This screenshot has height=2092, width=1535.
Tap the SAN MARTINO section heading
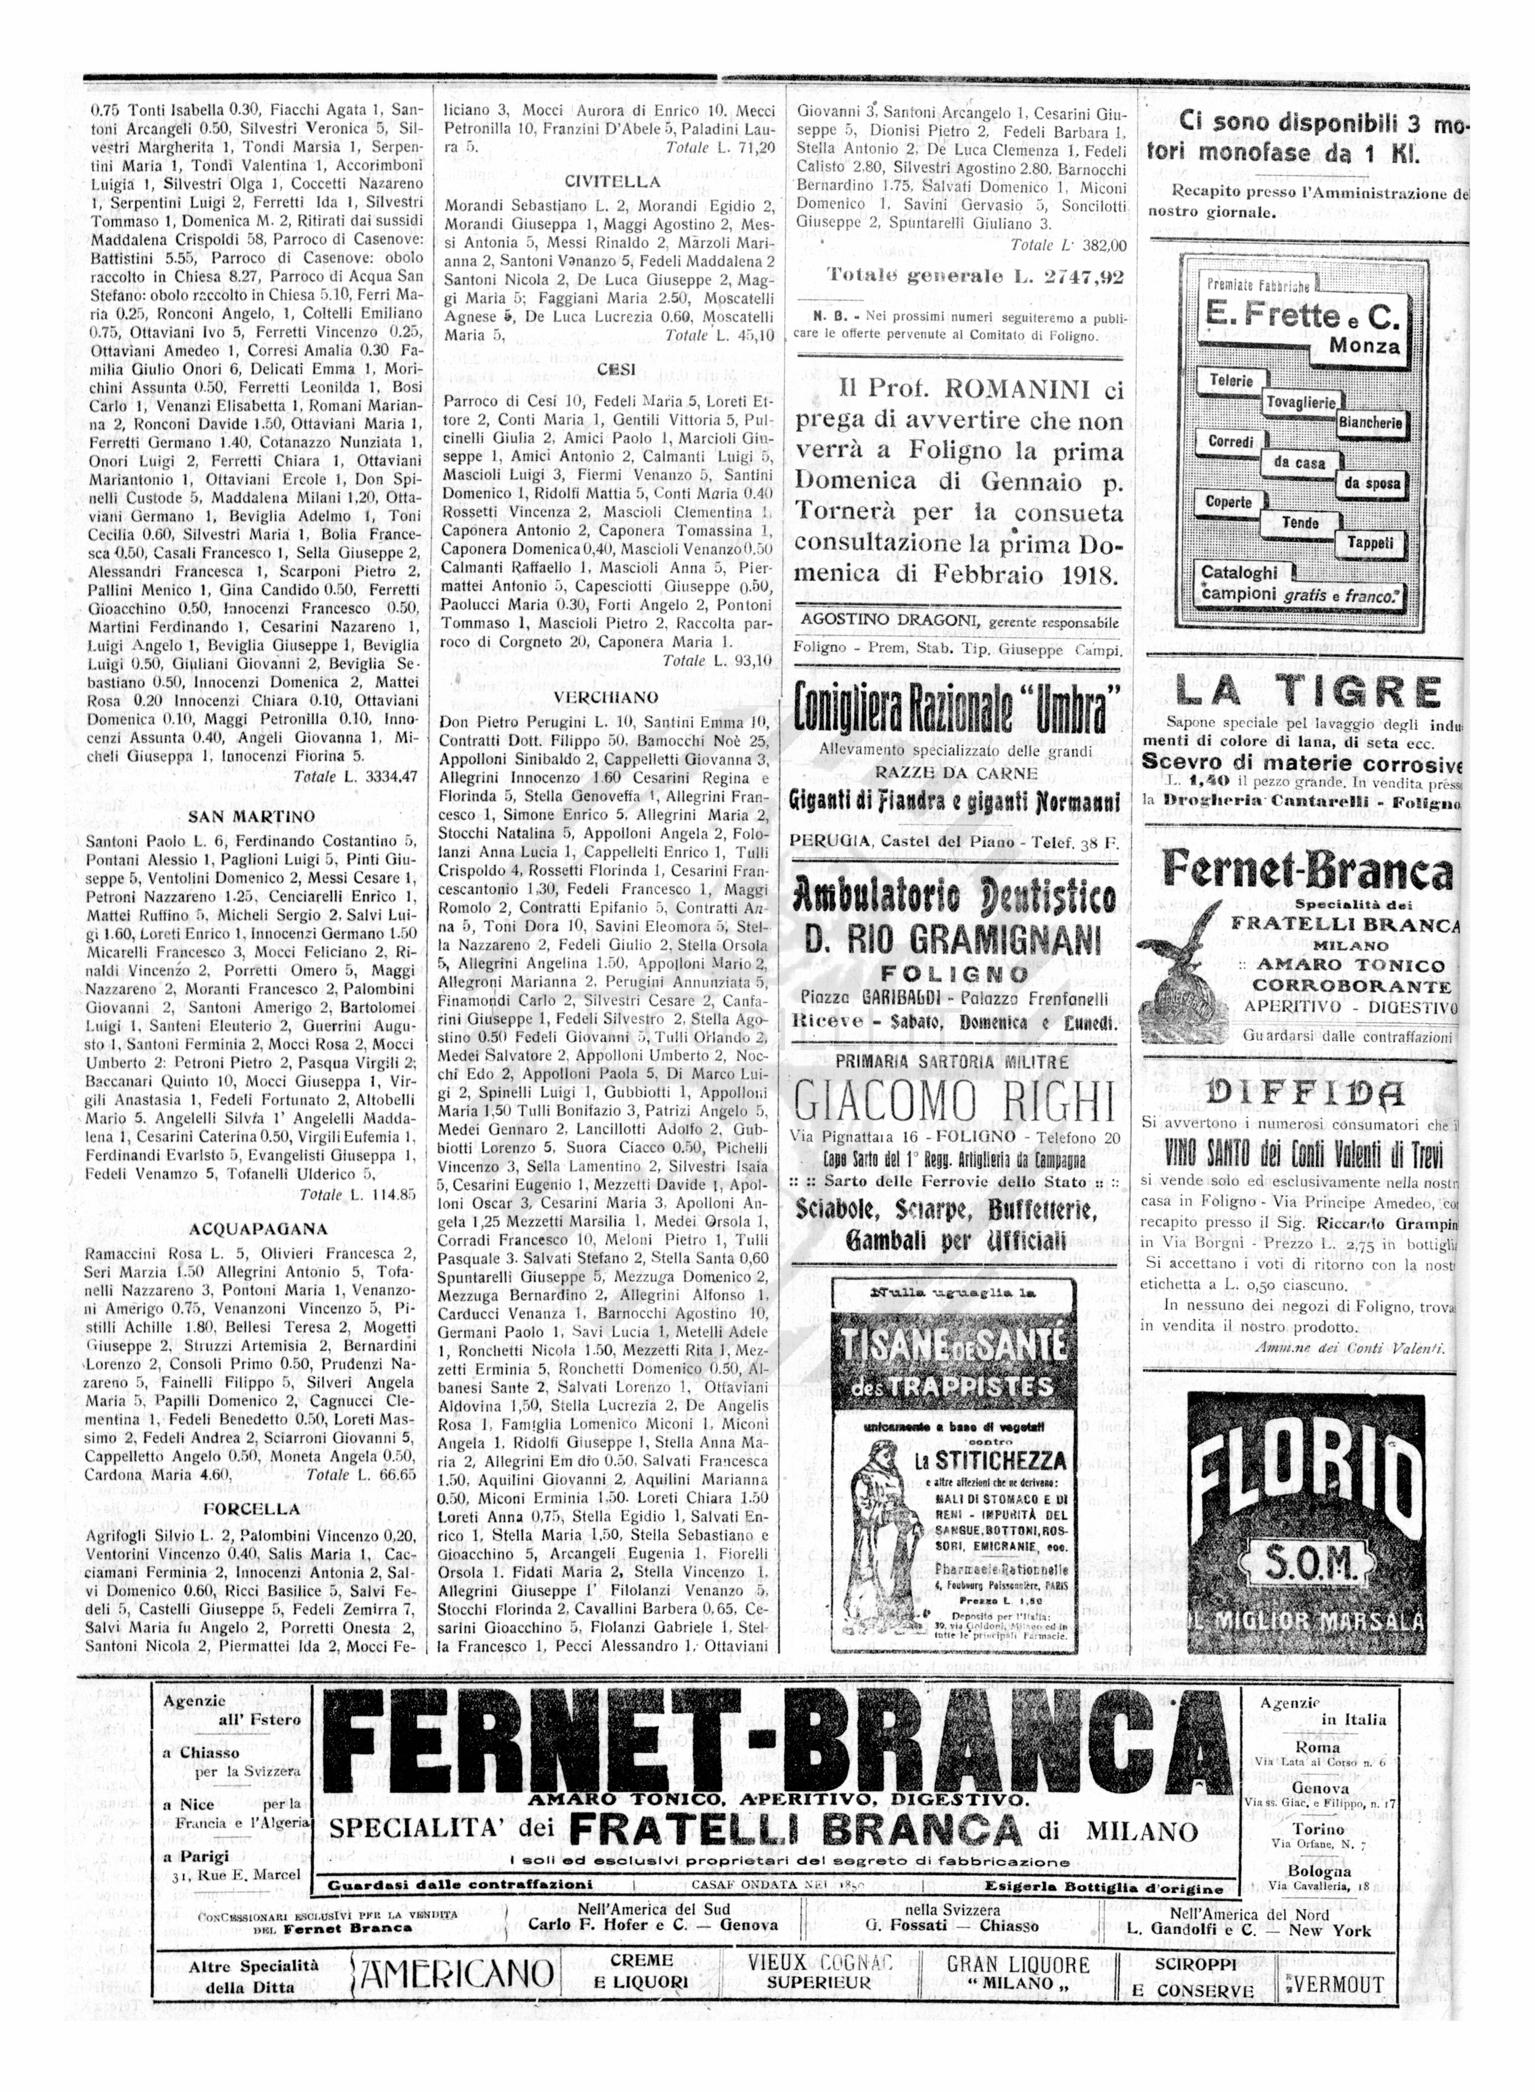[x=251, y=816]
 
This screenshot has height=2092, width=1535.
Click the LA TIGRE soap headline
[x=1308, y=692]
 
